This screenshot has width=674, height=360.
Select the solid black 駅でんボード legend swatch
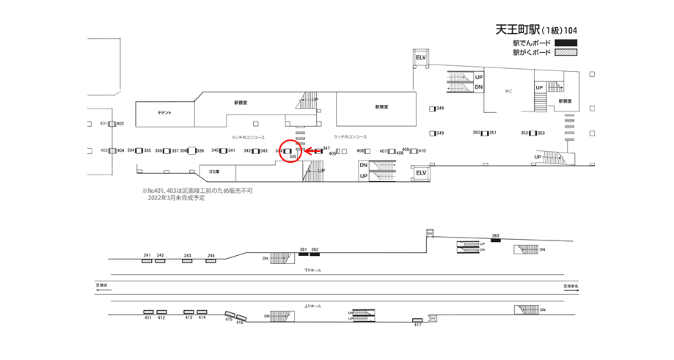tap(565, 43)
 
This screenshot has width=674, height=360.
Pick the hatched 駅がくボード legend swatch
tap(565, 53)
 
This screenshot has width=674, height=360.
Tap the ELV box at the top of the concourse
tap(420, 57)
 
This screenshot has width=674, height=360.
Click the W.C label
tap(508, 92)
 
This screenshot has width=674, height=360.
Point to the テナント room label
tap(164, 113)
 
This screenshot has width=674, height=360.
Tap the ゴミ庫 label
tap(214, 171)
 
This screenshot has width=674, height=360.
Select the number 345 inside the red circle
tap(293, 157)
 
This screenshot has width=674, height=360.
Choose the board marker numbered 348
tap(433, 109)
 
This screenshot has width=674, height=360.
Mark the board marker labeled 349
tap(433, 133)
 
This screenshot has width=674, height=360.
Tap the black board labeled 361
tap(304, 254)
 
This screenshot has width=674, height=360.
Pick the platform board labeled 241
tap(147, 260)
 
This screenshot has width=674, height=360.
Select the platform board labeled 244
tap(211, 260)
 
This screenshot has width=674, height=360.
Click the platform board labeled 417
tap(417, 320)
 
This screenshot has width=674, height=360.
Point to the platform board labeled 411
tap(147, 312)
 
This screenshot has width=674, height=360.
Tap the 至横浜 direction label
tap(102, 284)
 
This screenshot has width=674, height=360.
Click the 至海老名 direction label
tap(571, 286)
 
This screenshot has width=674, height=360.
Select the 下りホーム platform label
tap(312, 270)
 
